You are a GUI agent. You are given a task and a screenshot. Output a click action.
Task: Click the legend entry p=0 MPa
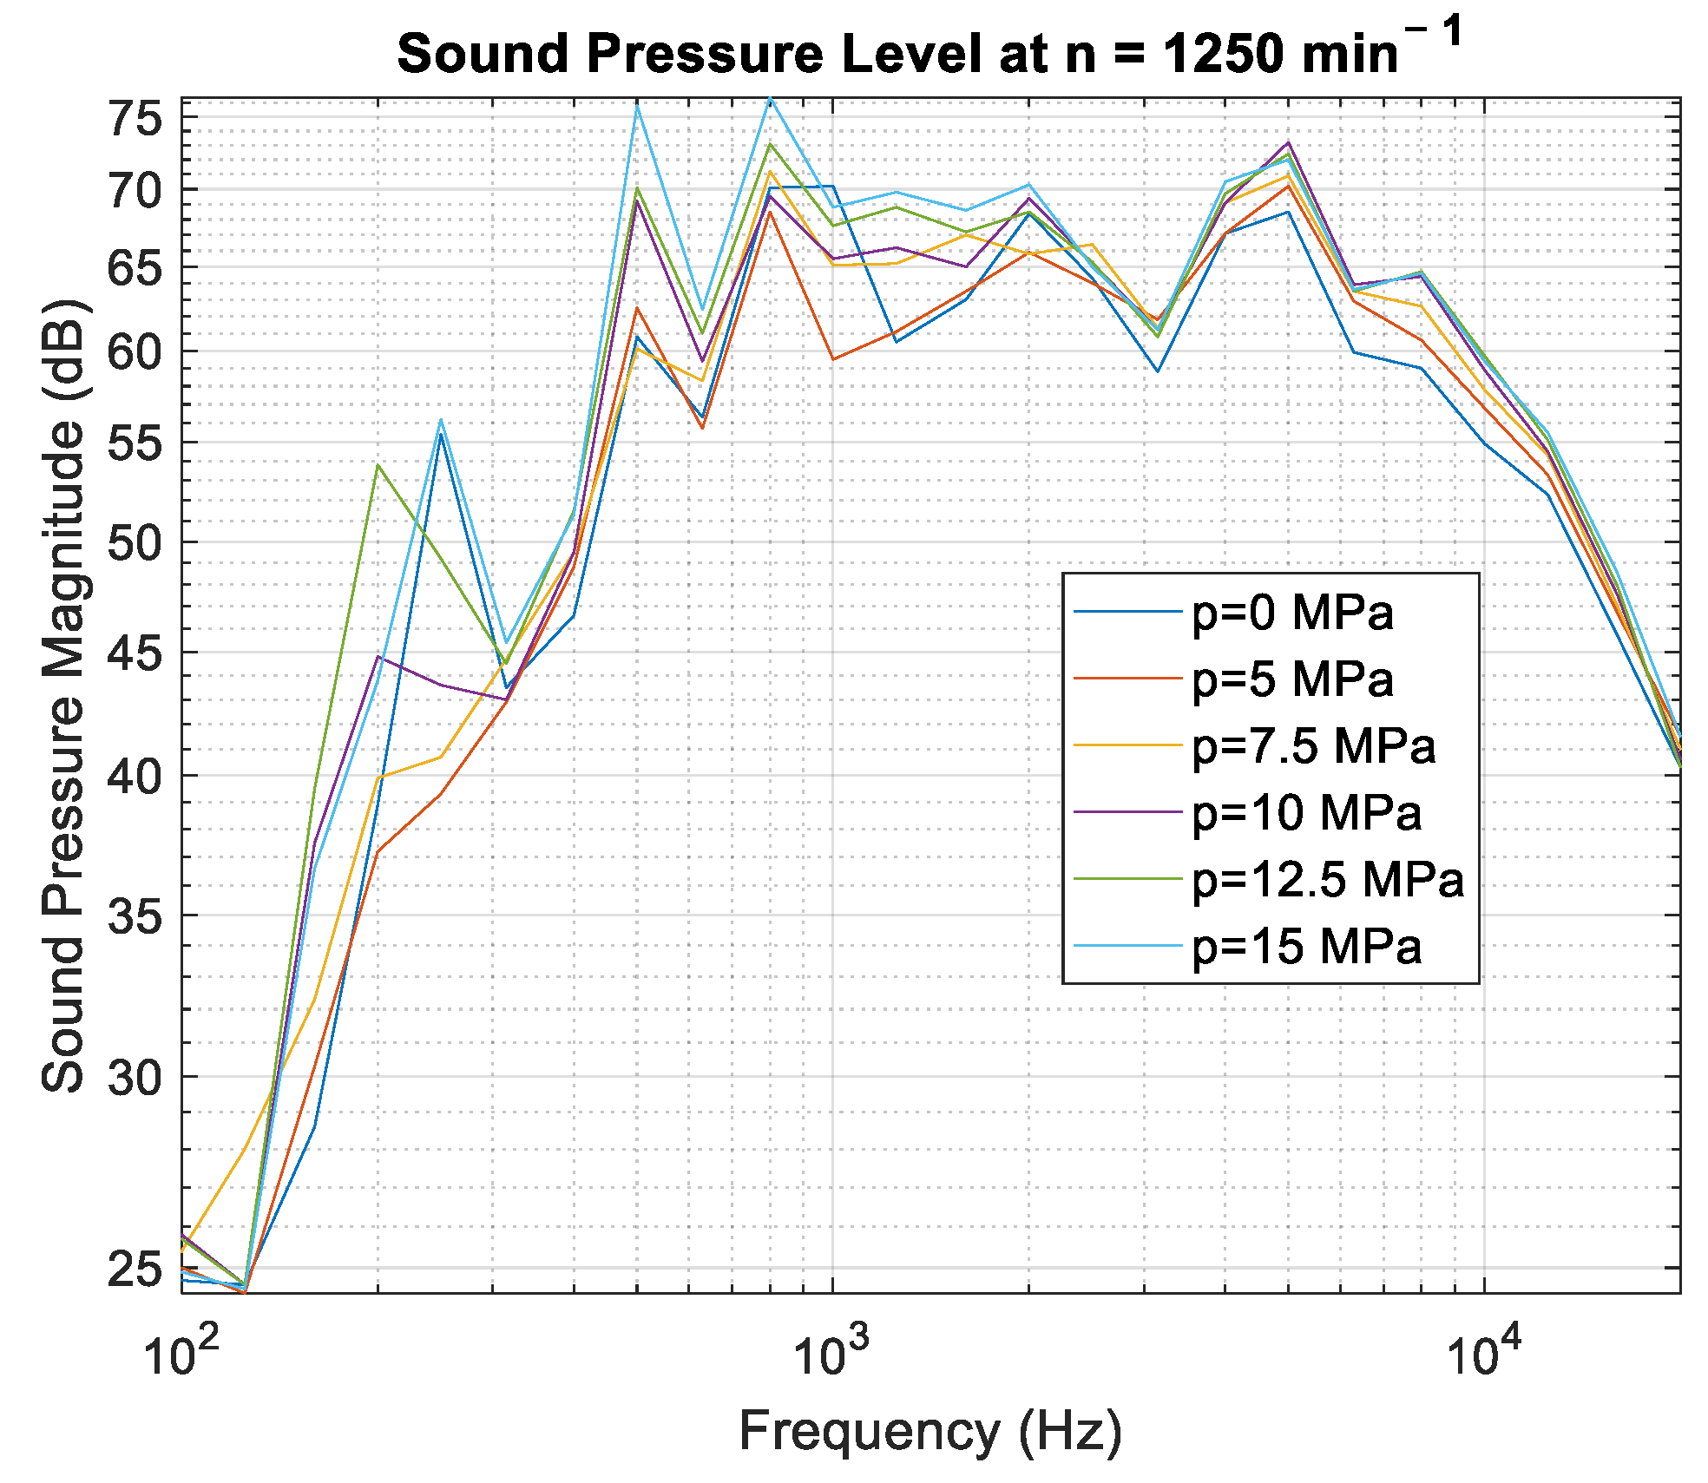(1292, 613)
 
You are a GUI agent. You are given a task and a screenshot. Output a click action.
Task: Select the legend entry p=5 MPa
(1292, 679)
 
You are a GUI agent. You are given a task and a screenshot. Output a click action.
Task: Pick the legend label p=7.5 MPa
(1313, 745)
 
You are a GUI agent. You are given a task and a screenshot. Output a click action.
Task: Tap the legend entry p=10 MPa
(1306, 812)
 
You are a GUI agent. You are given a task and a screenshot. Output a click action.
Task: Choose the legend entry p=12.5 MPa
(1327, 879)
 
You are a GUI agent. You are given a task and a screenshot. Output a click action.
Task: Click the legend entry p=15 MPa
(1306, 946)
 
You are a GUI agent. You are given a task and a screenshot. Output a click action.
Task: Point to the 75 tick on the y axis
(135, 119)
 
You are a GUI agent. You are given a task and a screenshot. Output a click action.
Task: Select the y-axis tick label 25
(135, 1270)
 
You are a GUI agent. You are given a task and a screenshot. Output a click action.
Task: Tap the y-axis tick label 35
(135, 916)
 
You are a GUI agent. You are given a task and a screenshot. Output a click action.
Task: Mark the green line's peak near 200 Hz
(378, 465)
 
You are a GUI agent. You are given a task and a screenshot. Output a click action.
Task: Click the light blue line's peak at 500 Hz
(637, 105)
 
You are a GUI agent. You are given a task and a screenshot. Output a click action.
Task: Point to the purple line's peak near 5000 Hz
(1289, 142)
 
